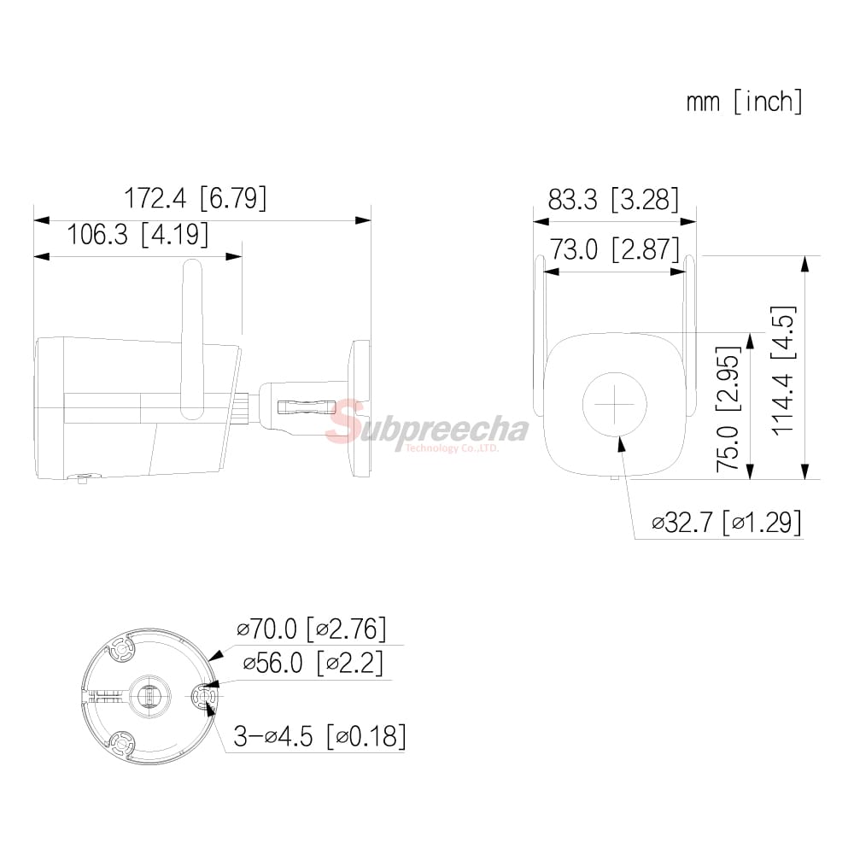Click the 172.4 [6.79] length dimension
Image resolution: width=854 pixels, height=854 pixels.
tap(196, 198)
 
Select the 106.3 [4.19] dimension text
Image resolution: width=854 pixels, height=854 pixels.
tap(137, 234)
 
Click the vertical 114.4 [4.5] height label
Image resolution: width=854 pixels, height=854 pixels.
tap(783, 369)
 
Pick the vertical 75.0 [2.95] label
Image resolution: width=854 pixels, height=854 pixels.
tap(728, 408)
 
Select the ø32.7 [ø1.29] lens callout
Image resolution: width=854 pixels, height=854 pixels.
tap(726, 521)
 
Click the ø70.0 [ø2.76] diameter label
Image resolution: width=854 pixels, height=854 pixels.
tap(312, 630)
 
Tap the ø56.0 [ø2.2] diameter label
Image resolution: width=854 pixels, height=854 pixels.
tap(313, 662)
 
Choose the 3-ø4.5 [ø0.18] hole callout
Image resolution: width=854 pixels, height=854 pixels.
tap(319, 735)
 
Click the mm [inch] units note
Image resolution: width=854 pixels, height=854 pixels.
tap(745, 102)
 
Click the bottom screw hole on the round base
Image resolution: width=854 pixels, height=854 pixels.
tap(121, 744)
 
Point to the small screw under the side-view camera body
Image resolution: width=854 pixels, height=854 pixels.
tap(82, 479)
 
